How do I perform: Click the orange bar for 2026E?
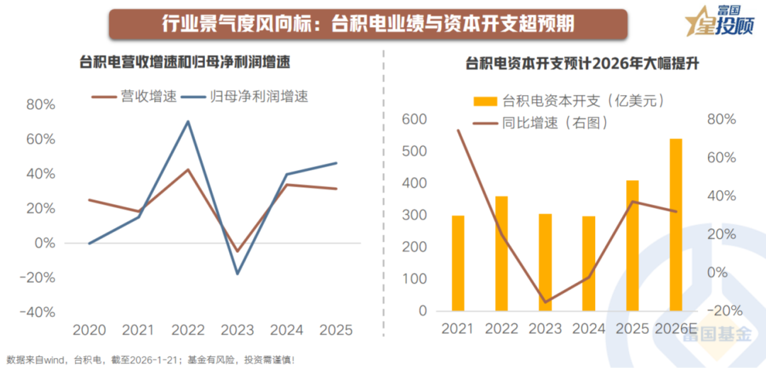tap(676, 225)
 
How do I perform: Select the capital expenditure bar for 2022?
tap(501, 253)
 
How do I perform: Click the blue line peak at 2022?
tap(188, 121)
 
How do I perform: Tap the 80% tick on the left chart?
tap(40, 105)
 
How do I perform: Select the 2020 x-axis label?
tap(89, 330)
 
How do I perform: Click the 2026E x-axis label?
tap(677, 329)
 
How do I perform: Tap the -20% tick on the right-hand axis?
tap(724, 311)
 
